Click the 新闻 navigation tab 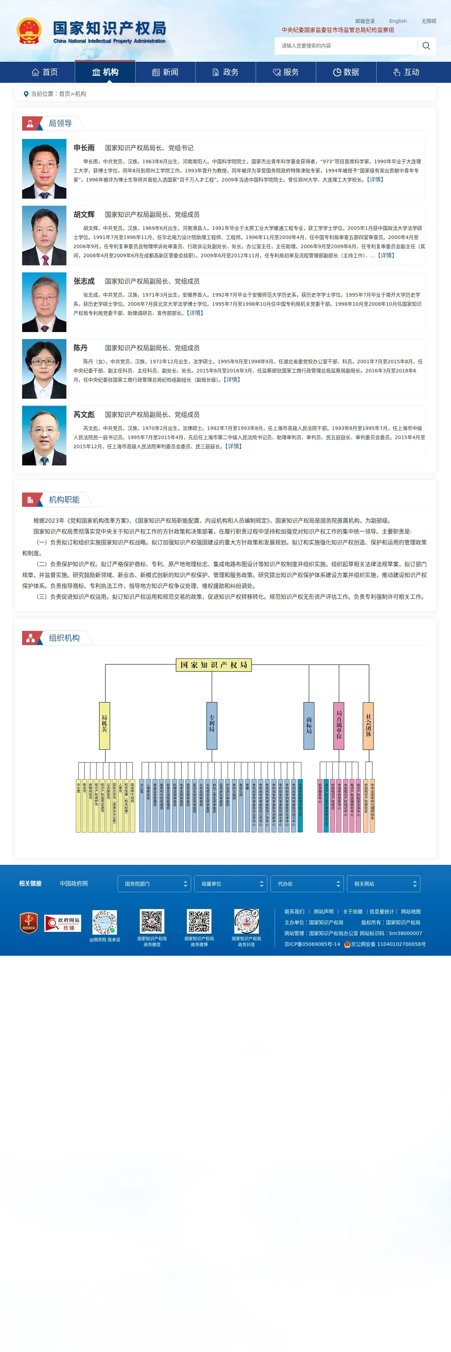point(165,72)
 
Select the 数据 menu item point(346,72)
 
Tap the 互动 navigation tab point(406,72)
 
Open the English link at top point(398,21)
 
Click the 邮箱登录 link point(365,21)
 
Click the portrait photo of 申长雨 point(44,168)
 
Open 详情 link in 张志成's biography point(195,313)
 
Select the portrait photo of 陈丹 point(44,369)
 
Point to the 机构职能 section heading point(64,500)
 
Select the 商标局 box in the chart point(309,725)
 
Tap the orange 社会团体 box point(368,725)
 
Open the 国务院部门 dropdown point(154,884)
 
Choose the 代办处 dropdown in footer point(307,884)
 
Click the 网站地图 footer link point(411,912)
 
